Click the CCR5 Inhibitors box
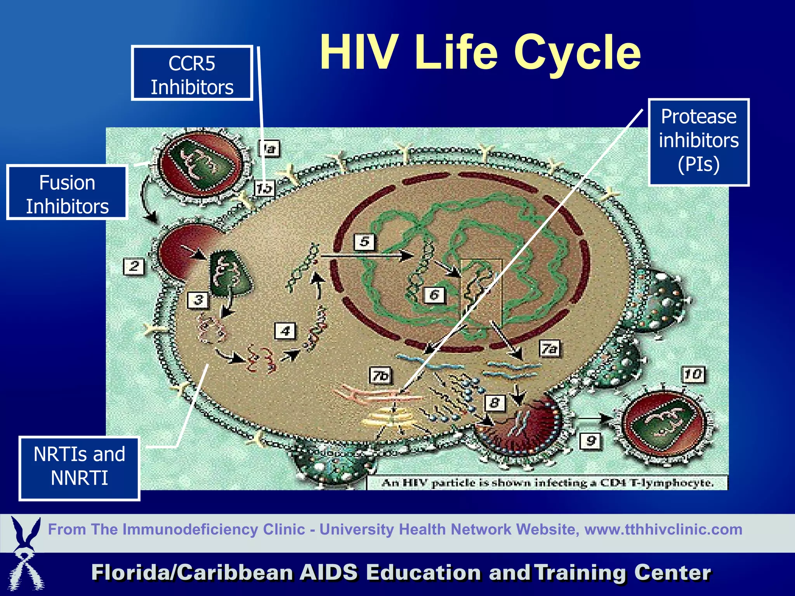click(192, 73)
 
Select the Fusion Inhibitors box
click(67, 193)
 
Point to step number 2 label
click(134, 266)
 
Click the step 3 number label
click(198, 300)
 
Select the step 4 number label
click(285, 331)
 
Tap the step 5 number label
click(364, 242)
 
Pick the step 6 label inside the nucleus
click(434, 295)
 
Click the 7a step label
click(549, 349)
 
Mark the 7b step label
click(380, 376)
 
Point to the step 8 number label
click(495, 403)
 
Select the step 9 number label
click(590, 441)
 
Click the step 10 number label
click(693, 374)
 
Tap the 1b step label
click(264, 189)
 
